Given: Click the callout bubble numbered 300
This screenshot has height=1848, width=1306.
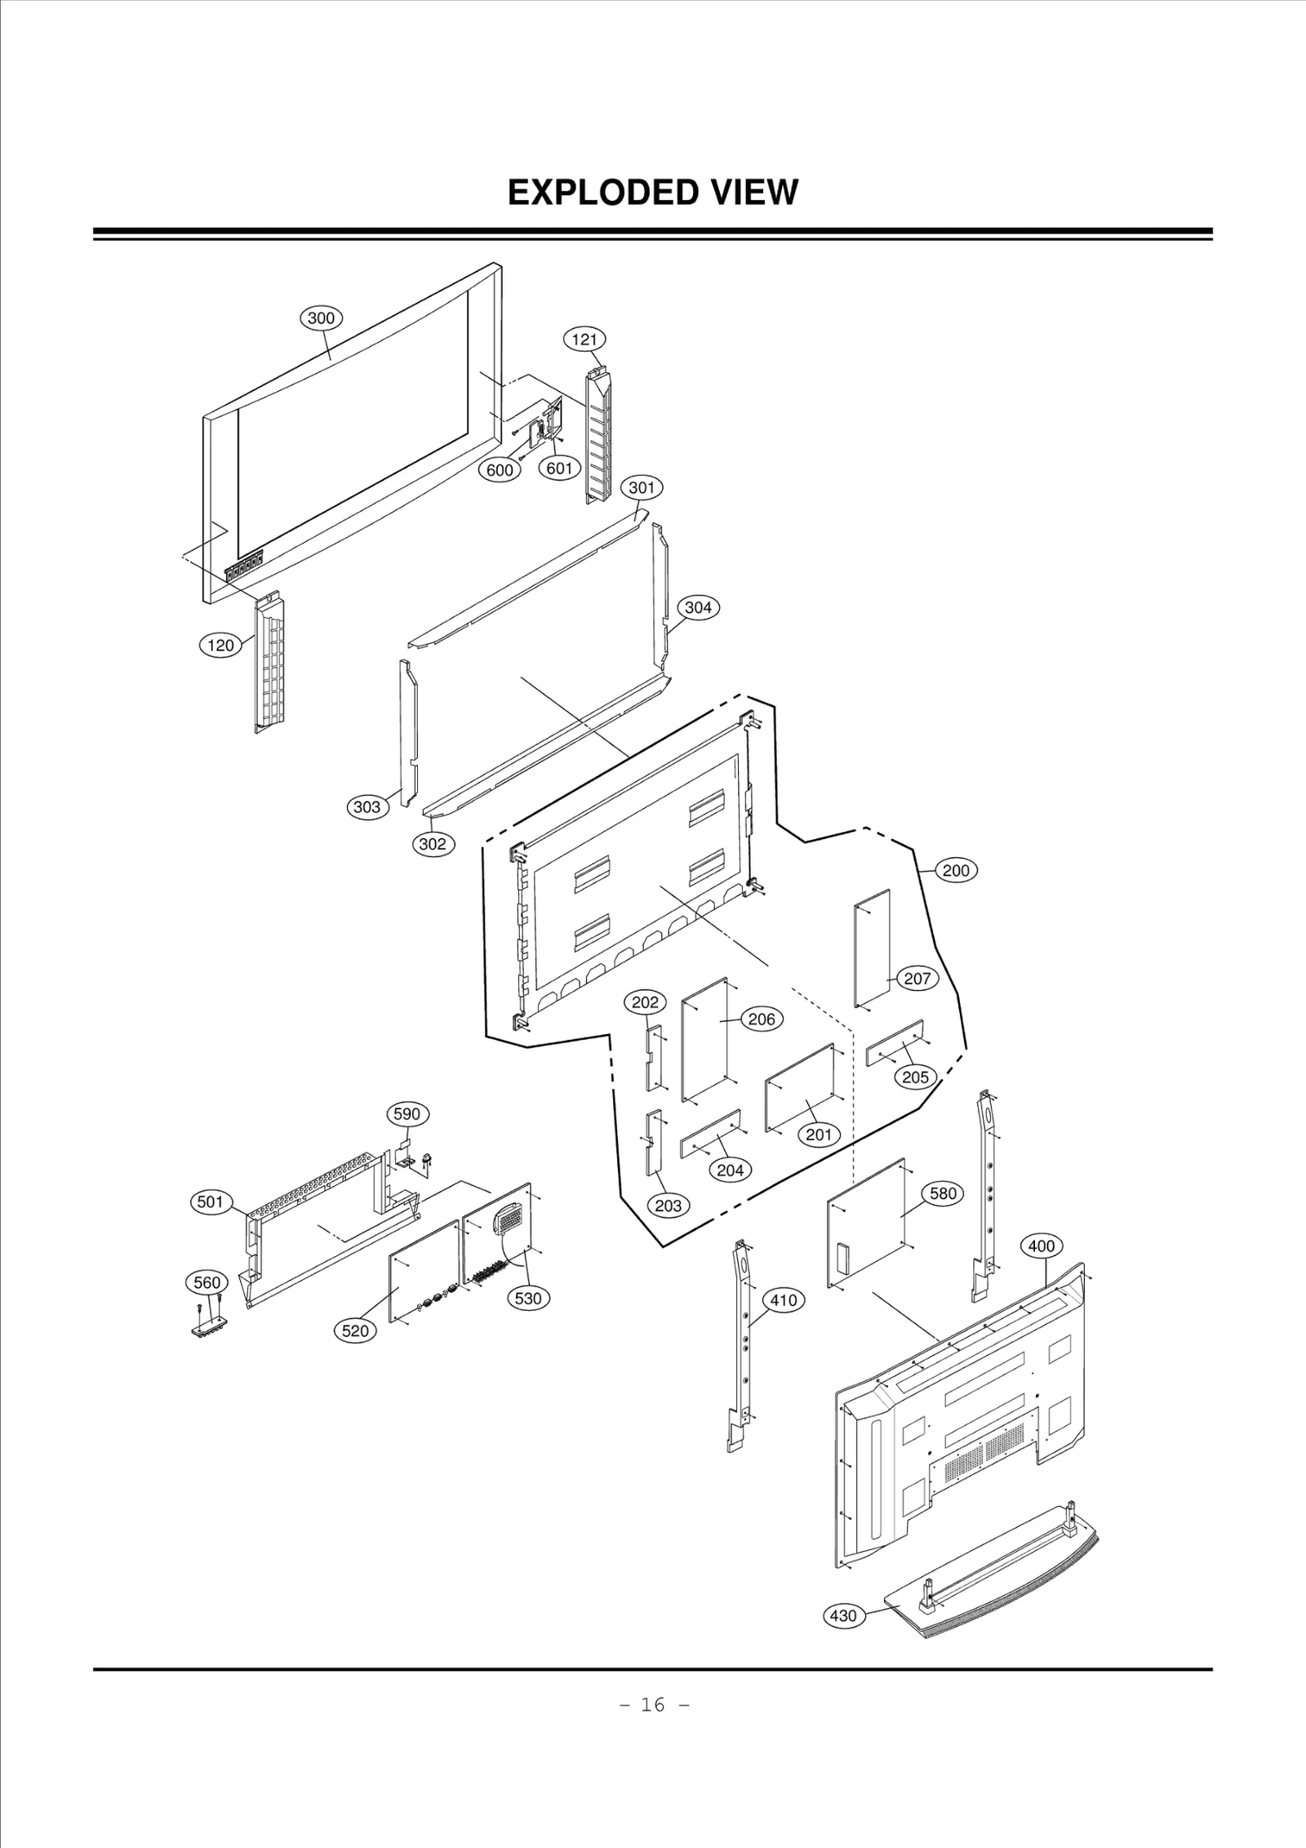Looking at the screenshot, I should pyautogui.click(x=321, y=318).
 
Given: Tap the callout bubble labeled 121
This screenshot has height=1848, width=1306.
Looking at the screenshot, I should pyautogui.click(x=584, y=339).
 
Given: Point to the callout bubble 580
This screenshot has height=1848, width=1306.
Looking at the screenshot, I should pyautogui.click(x=943, y=1193).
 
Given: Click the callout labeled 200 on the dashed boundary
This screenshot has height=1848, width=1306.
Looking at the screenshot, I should pyautogui.click(x=956, y=870).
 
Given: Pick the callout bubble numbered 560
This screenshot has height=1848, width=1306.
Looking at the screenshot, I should pyautogui.click(x=207, y=1282).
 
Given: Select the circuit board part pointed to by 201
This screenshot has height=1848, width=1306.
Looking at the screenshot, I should pyautogui.click(x=800, y=1087).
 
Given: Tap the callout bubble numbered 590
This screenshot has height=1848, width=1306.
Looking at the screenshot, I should pyautogui.click(x=406, y=1114).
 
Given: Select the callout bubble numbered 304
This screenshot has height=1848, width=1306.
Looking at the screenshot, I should pyautogui.click(x=698, y=607).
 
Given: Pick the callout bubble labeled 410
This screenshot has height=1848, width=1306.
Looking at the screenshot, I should pyautogui.click(x=784, y=1300).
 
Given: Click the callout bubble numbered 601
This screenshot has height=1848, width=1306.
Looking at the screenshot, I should pyautogui.click(x=559, y=468).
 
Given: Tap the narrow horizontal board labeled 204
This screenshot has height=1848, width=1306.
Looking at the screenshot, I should pyautogui.click(x=711, y=1134).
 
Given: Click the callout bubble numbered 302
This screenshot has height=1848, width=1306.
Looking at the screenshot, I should pyautogui.click(x=432, y=844).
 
